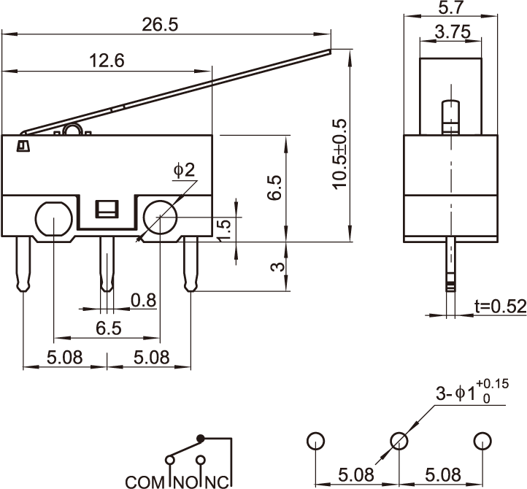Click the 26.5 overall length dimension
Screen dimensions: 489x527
pos(160,24)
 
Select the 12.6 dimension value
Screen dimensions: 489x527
pos(107,61)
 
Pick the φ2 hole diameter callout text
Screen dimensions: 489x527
pos(185,171)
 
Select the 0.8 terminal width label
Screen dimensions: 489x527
pos(143,299)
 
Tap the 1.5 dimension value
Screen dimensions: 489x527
pos(225,229)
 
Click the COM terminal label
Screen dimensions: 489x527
pos(146,482)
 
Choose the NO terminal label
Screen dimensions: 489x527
pos(185,482)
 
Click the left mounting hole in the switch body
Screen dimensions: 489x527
pos(53,218)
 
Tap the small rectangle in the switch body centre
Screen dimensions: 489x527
pos(107,209)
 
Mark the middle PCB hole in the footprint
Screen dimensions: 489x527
pos(399,441)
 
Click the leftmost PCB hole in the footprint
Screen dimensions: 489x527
pos(315,441)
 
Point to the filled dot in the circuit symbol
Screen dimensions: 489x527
pos(203,438)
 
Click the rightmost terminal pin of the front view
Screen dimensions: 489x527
pos(191,263)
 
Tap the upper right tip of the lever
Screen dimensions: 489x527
pos(328,50)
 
